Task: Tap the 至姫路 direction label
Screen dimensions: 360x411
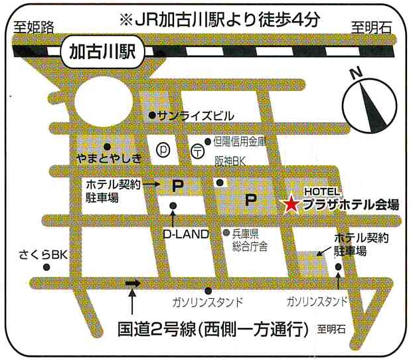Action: click(x=33, y=27)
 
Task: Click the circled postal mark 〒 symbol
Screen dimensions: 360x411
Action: click(x=197, y=150)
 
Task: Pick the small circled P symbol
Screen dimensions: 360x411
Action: click(x=163, y=149)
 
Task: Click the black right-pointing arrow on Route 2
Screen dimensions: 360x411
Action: click(x=133, y=284)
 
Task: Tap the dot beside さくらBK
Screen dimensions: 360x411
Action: click(x=46, y=267)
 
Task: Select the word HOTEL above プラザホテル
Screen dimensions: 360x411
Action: click(x=322, y=191)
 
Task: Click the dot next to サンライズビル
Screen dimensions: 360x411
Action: click(x=152, y=114)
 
